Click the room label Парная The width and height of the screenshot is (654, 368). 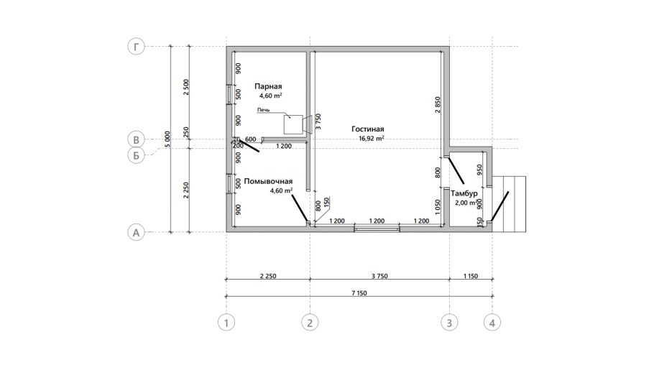(268, 86)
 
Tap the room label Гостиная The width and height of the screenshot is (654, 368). (367, 129)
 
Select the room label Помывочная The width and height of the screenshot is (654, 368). (268, 181)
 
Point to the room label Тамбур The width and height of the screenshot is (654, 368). (464, 193)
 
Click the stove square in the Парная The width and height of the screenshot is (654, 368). (293, 124)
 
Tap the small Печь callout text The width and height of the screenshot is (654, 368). (263, 110)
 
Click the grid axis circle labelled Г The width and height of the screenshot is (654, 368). (136, 46)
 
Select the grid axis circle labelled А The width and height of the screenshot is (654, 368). (136, 232)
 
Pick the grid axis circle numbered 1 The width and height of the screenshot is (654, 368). (226, 323)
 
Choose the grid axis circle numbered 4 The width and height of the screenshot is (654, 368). (492, 323)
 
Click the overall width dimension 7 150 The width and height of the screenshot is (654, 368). (359, 293)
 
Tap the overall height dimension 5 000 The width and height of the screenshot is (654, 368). (167, 139)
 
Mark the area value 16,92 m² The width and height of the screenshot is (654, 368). (372, 139)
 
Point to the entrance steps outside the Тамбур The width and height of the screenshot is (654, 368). (510, 204)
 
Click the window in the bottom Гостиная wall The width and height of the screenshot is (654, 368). (377, 229)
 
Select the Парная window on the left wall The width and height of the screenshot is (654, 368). (229, 94)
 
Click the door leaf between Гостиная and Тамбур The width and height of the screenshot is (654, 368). (456, 170)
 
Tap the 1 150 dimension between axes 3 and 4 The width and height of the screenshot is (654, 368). (471, 276)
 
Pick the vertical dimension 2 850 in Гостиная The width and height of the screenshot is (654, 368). (437, 105)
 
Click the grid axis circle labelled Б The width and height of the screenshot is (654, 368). (136, 155)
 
